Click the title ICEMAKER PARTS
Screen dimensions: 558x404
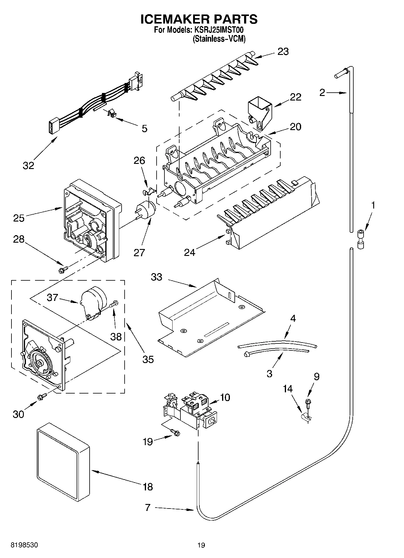[199, 19]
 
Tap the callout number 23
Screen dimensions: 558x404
[283, 52]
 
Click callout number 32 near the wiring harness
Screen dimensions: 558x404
[28, 165]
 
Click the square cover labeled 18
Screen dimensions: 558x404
[63, 465]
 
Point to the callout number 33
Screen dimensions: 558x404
[157, 277]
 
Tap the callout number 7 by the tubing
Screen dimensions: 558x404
[147, 508]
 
